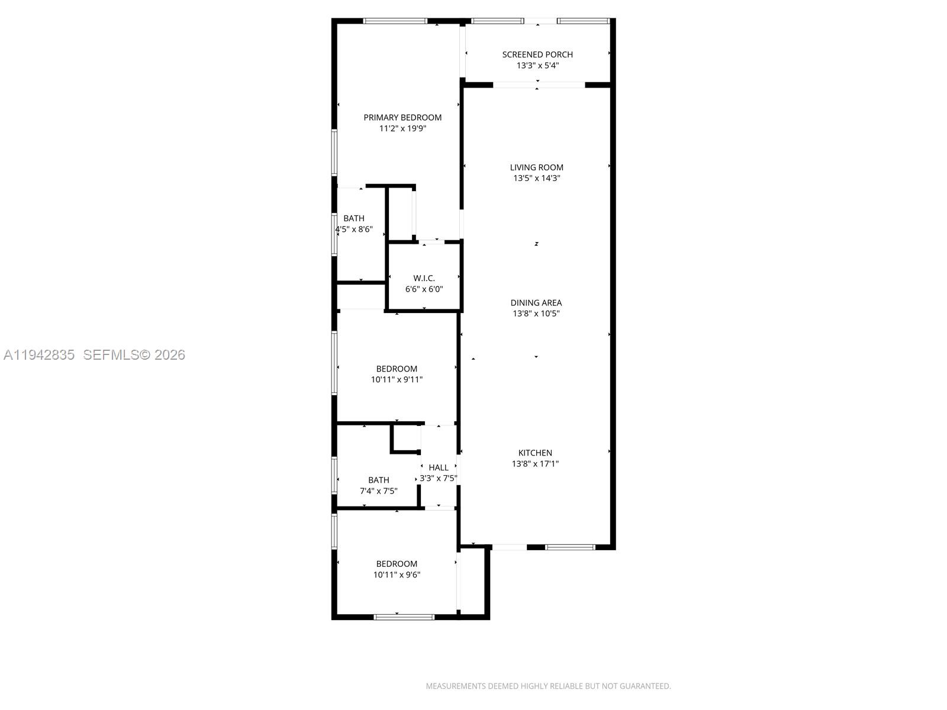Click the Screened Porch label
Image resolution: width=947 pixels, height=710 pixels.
coord(537,54)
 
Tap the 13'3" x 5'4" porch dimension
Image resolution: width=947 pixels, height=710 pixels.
coord(537,66)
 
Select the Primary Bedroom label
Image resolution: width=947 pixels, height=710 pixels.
coord(402,118)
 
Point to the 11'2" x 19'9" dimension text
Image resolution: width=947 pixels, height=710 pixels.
coord(402,128)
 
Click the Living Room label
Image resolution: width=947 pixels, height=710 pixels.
coord(537,167)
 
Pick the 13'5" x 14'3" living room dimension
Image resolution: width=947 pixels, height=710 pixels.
coord(537,178)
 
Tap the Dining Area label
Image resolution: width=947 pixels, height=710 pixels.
coord(536,303)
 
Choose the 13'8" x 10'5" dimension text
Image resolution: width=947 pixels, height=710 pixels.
coord(536,314)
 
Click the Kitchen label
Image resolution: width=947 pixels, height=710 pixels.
coord(536,453)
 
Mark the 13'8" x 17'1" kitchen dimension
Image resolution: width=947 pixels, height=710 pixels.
coord(536,464)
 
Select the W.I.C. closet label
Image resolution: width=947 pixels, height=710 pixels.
coord(424,278)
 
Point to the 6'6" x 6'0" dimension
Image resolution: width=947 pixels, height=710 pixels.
coord(424,289)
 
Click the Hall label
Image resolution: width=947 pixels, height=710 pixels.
coord(439,467)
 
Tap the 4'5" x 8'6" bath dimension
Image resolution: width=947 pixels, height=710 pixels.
coord(354,229)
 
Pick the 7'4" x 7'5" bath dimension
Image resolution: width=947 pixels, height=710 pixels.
coord(379,491)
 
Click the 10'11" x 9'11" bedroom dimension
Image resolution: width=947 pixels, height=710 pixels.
coord(397,380)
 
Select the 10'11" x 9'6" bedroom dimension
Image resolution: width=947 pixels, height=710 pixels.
coord(397,575)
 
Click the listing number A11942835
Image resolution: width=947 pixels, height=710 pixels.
coord(39,355)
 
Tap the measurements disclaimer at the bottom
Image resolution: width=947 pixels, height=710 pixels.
coord(548,686)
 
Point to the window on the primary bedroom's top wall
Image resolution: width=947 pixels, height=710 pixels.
coord(395,21)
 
